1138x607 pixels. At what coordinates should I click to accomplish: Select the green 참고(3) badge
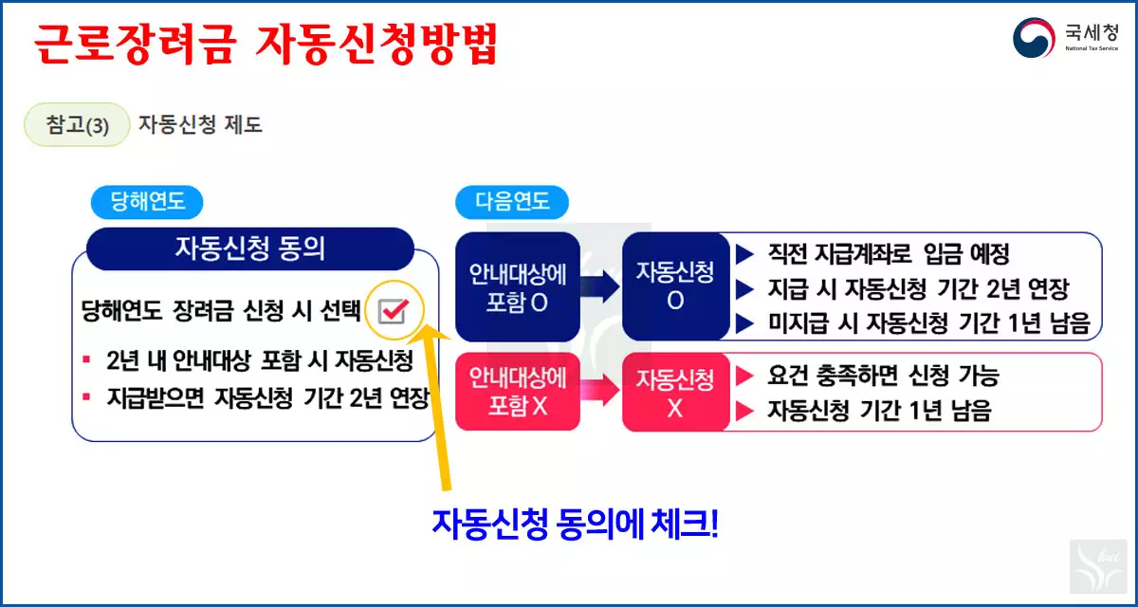pos(77,125)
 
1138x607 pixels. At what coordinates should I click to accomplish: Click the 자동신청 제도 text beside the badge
pos(200,125)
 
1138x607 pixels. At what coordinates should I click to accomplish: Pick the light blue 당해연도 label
pos(147,202)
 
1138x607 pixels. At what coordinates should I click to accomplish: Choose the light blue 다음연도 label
pos(512,202)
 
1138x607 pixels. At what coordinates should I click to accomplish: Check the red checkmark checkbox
pos(393,309)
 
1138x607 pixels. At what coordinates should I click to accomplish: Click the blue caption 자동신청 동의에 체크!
pos(576,523)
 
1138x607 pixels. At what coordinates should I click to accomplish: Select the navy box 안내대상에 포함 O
pos(518,286)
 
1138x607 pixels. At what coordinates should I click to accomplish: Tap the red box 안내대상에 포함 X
pos(518,392)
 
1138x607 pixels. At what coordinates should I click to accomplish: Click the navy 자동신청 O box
pos(674,286)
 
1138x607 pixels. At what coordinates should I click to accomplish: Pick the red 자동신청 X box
pos(674,392)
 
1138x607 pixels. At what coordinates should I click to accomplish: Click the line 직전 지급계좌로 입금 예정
pos(888,254)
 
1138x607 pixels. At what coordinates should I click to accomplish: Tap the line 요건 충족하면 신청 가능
pos(882,376)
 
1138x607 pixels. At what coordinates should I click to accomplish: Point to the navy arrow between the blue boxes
pos(600,286)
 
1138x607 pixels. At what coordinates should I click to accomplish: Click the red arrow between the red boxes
pos(600,391)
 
